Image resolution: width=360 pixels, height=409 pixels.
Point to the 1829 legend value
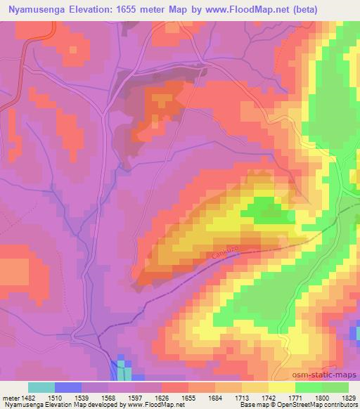coord(337,398)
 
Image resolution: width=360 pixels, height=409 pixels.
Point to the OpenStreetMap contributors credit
coord(314,405)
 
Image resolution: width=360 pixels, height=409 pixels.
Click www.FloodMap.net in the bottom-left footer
coord(150,405)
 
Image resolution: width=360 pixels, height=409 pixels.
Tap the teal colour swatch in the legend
coord(41,387)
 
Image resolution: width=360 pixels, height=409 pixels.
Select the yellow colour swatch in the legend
coord(281,387)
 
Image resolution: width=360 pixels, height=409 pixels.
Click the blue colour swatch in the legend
coord(68,387)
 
